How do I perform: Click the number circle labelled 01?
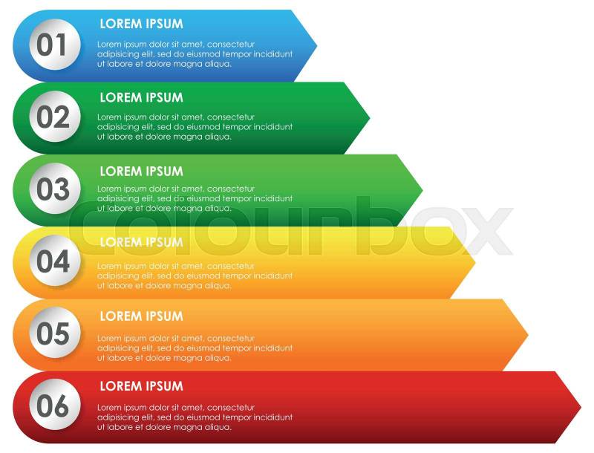53,45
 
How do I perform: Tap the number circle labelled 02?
53,117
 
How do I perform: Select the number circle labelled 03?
53,189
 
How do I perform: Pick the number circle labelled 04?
53,261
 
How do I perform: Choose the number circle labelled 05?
53,334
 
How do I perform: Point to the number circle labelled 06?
53,406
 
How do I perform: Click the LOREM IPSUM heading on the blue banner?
141,24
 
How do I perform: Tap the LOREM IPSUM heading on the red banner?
141,386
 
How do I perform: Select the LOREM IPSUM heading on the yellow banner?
141,242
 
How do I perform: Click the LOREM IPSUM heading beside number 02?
141,97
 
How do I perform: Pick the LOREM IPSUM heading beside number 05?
141,316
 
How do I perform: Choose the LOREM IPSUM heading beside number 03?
141,171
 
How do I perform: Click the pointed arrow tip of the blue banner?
313,45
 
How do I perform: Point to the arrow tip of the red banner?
577,406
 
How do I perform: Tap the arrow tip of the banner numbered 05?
524,334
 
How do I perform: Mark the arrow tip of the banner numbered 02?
366,117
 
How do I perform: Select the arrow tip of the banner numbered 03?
419,189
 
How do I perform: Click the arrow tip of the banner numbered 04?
471,261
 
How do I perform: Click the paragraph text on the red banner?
195,417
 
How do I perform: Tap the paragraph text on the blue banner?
195,53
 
